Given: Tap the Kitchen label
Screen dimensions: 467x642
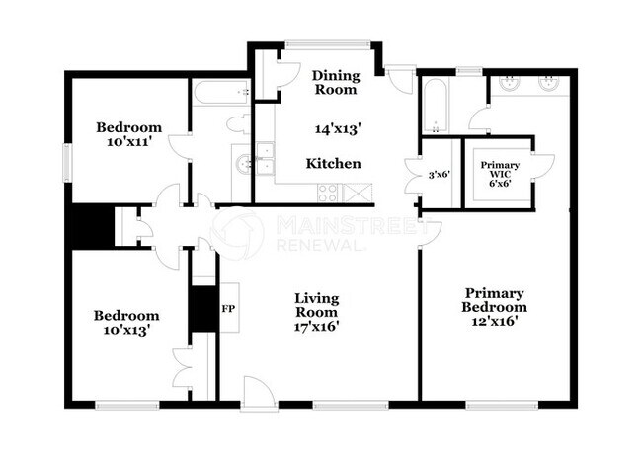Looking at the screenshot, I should coord(333,163).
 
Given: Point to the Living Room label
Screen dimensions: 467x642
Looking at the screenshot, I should coord(316,305).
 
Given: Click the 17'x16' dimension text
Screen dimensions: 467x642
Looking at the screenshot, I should coord(317,327).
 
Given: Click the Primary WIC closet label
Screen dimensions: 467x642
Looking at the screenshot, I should coord(498,174).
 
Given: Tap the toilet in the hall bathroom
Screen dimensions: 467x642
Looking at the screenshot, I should coord(237,125).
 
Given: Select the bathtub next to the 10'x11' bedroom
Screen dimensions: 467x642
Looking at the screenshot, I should coord(219,93).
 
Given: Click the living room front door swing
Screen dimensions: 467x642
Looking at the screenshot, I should coord(256,390).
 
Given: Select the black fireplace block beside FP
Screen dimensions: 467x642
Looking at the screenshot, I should coord(204,308).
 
